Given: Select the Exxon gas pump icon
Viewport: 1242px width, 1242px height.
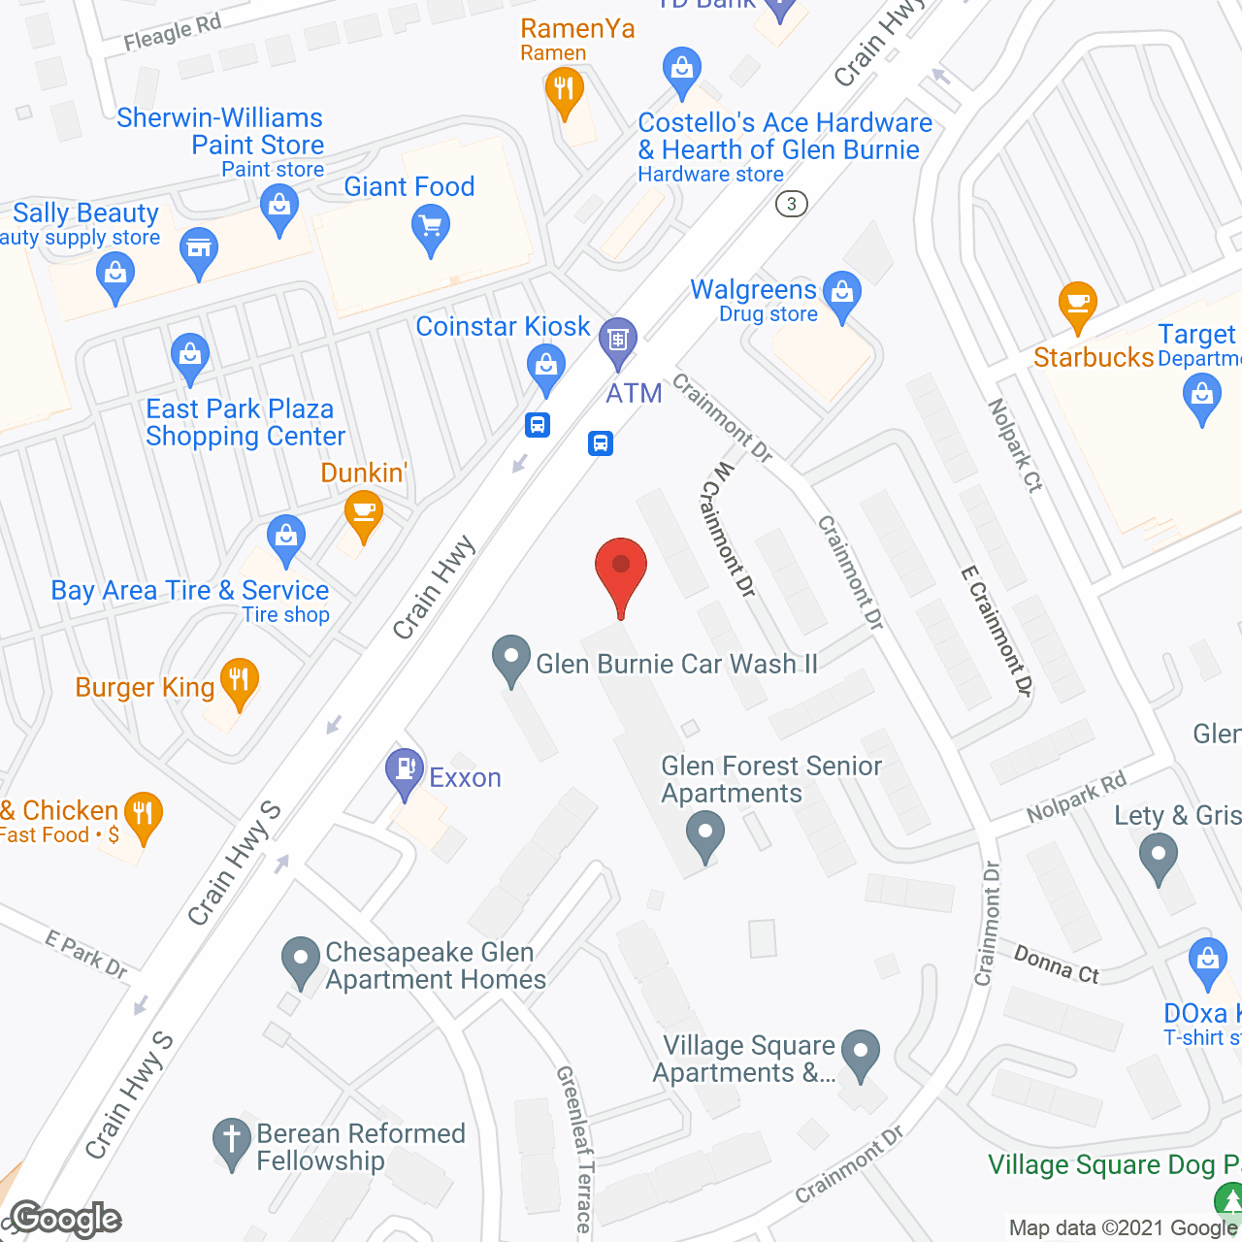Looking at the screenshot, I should tap(405, 771).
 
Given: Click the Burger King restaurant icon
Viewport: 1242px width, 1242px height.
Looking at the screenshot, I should tap(239, 681).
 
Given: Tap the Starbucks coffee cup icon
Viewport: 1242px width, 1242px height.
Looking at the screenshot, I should tap(1077, 304).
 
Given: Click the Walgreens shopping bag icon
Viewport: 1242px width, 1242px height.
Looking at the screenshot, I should tap(841, 293).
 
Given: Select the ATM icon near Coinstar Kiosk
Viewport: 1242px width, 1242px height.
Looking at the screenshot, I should tap(618, 341).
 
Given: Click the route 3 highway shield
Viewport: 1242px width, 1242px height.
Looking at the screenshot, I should tap(792, 204).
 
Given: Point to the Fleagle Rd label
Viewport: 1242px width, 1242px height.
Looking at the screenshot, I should tap(173, 33).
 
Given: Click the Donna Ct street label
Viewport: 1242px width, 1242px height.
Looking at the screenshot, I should tap(1056, 964).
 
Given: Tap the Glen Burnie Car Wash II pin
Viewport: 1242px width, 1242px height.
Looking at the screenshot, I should tap(510, 659).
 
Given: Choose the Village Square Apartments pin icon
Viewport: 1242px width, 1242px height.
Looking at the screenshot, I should tap(860, 1053).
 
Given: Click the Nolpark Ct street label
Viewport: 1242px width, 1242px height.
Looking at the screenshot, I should tap(1015, 445).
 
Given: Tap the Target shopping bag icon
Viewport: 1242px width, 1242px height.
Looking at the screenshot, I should tap(1202, 398).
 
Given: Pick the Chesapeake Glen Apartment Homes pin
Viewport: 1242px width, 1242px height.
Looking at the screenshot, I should tap(301, 961).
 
